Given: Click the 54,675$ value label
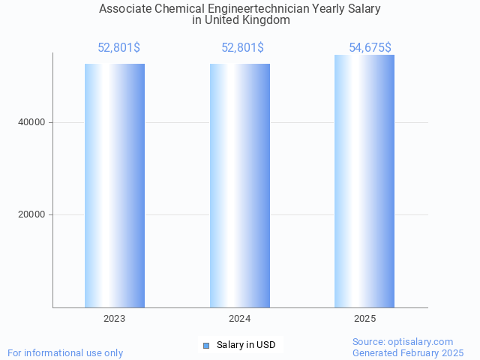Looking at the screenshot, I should click(370, 48).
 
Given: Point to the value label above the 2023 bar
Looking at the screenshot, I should click(118, 48).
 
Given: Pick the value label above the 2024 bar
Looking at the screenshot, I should click(242, 48).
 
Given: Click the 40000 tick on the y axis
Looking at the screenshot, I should click(31, 122).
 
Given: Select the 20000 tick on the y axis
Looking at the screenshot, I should click(31, 215).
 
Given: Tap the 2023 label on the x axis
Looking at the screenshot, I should click(115, 319).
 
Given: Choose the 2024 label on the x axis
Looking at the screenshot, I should click(240, 319).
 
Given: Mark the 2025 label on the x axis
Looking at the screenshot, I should click(364, 319).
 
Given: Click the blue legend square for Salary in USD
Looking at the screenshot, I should click(206, 345).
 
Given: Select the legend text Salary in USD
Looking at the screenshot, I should click(246, 345).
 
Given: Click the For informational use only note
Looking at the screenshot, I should click(65, 352).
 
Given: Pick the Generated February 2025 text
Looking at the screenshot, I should click(408, 352).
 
